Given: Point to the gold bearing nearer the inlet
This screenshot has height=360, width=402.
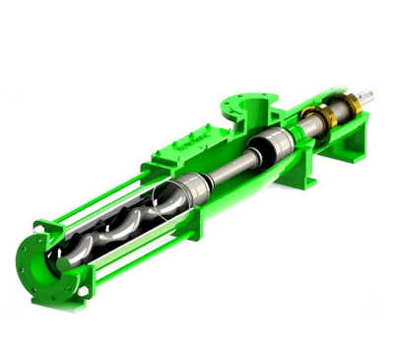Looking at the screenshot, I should pos(306,122).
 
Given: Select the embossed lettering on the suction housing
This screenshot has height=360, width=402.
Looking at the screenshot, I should pos(193,152).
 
